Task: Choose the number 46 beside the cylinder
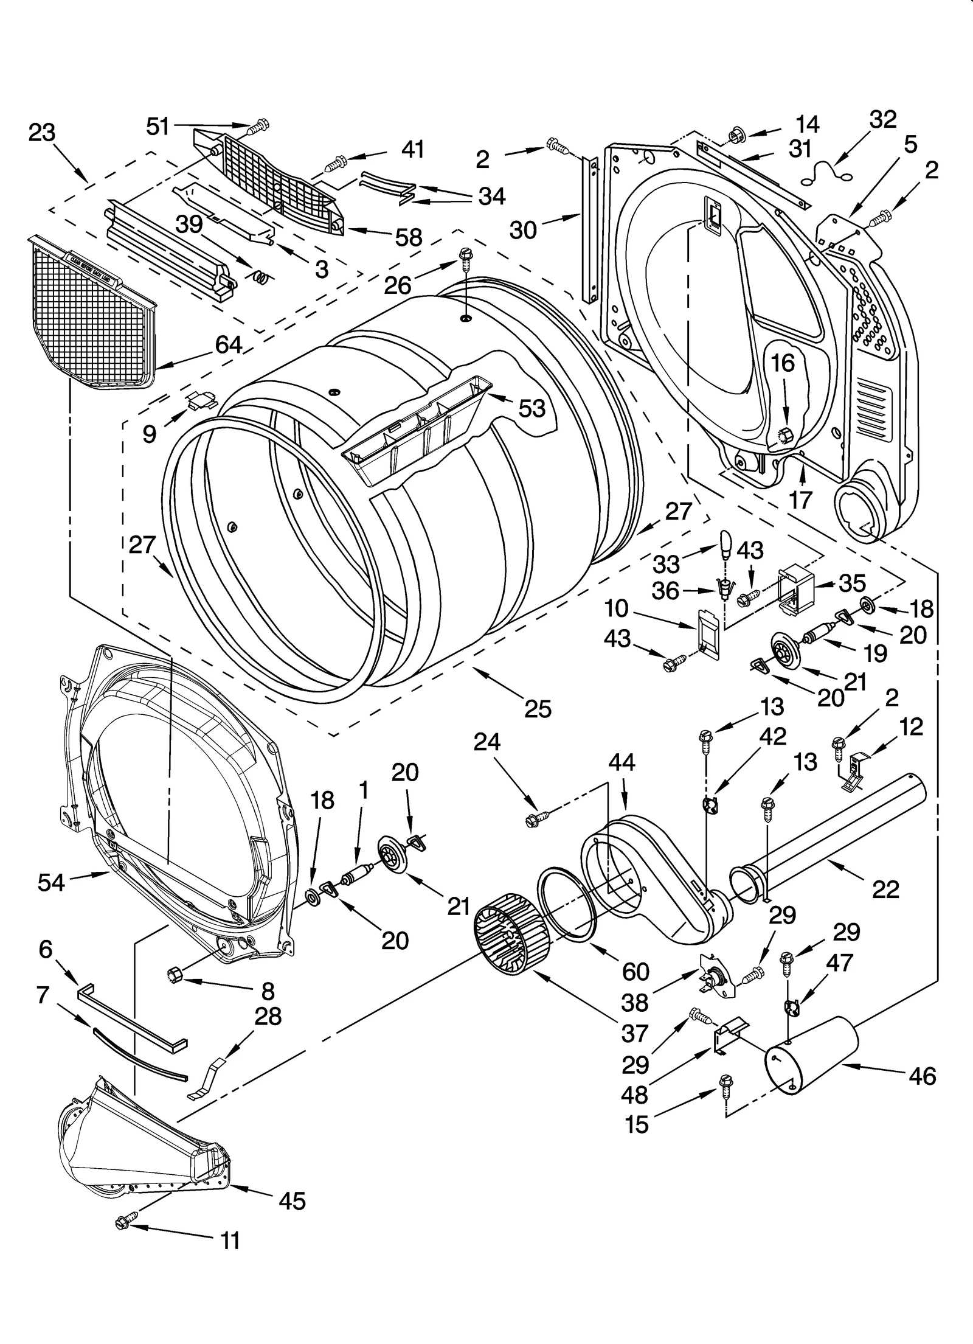(x=922, y=1076)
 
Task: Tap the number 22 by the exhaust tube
(x=885, y=890)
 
